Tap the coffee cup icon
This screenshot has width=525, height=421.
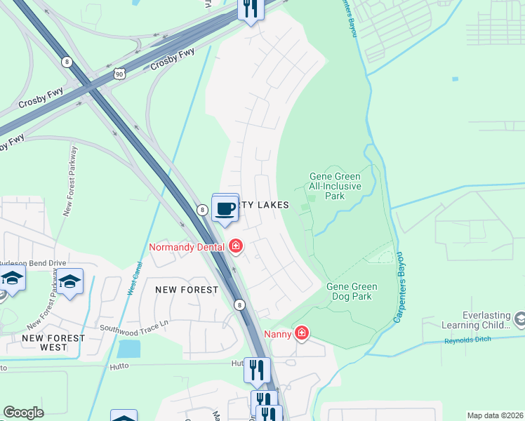click(x=225, y=208)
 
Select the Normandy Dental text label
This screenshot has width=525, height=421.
click(x=187, y=246)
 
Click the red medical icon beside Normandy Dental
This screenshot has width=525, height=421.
click(x=236, y=246)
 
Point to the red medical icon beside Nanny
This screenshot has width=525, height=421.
click(x=301, y=333)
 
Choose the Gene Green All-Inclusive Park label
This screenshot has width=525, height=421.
click(x=335, y=186)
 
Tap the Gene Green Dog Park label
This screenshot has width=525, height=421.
click(x=352, y=291)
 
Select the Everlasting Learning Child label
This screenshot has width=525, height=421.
click(x=477, y=321)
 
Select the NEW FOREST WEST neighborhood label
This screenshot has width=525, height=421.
click(x=53, y=342)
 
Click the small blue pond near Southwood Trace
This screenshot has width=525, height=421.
click(x=128, y=349)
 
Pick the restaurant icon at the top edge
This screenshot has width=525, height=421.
click(x=250, y=8)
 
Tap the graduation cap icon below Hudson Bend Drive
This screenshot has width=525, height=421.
click(x=69, y=282)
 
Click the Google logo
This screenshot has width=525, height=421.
click(x=23, y=413)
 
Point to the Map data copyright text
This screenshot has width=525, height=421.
click(x=495, y=415)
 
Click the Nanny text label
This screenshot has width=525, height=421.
click(x=277, y=333)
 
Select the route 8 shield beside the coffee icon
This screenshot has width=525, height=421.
click(x=202, y=209)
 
